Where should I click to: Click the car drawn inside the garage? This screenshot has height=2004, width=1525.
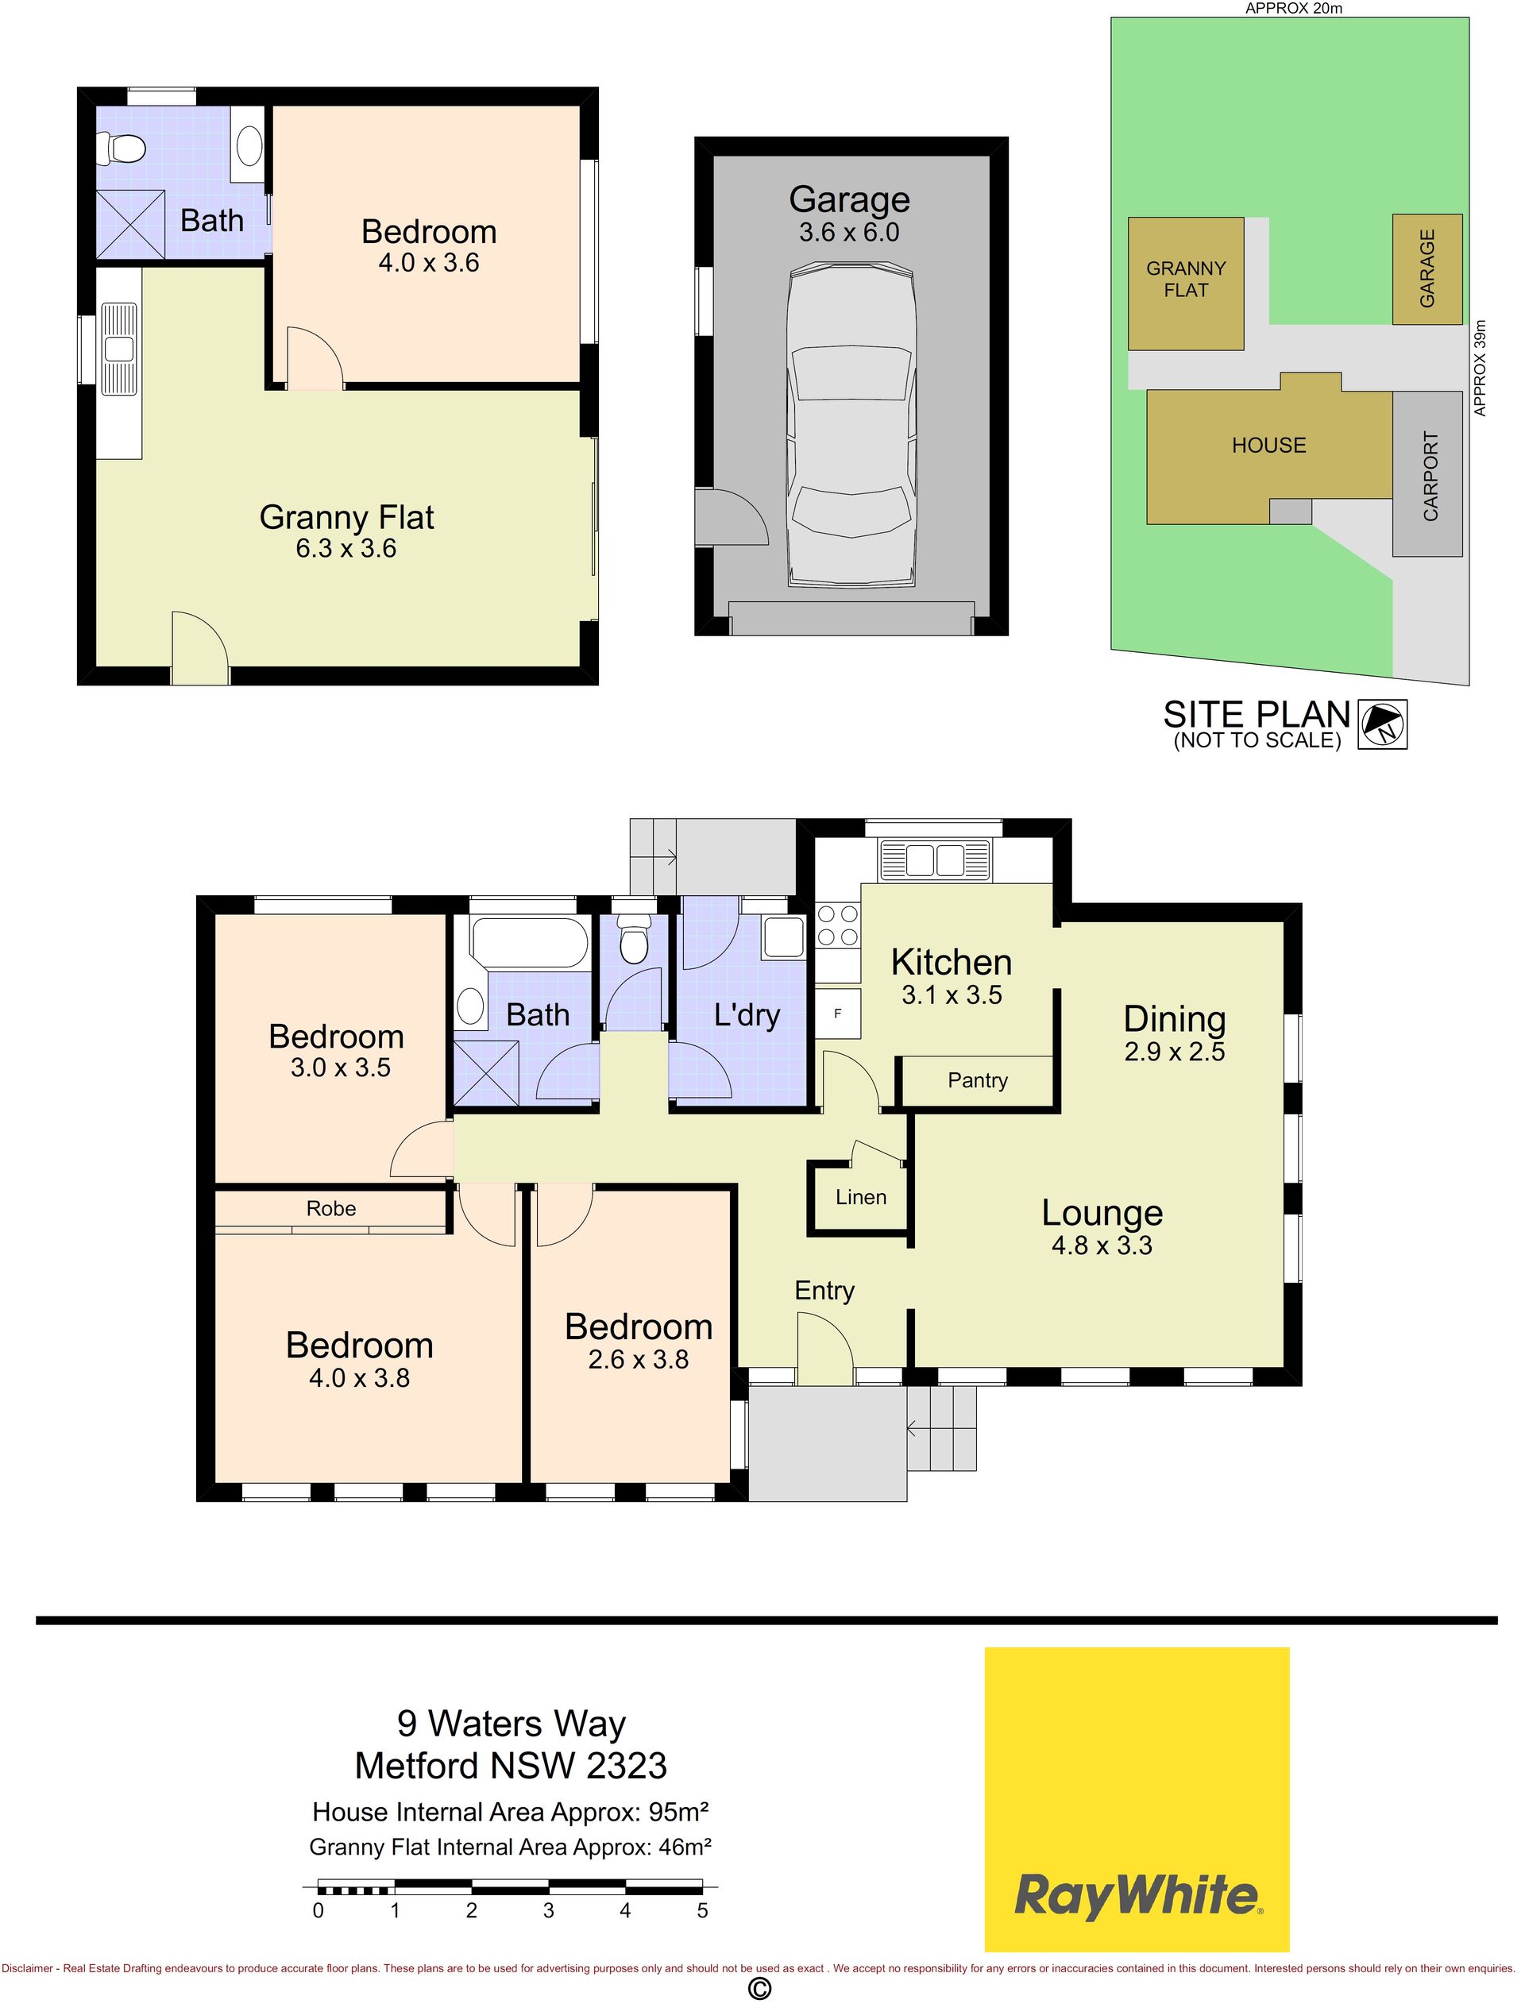point(850,425)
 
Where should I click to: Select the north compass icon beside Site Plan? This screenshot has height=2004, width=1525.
point(1383,724)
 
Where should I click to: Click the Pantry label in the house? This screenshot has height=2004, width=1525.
point(978,1080)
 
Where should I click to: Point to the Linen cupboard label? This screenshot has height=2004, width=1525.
point(860,1197)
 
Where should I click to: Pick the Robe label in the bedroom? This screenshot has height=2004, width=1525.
point(331,1208)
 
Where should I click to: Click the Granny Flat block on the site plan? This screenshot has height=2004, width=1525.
point(1186,284)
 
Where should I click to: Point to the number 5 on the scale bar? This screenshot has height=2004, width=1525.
point(703,1909)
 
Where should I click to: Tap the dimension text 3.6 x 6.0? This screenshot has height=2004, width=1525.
point(849,233)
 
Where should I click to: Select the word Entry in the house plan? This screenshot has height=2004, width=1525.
point(824,1291)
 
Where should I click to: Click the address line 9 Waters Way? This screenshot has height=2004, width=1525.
point(512,1723)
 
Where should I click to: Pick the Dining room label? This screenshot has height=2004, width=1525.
point(1175,1019)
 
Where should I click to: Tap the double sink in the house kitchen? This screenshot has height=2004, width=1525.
point(934,859)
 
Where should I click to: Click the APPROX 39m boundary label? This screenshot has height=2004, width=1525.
point(1481,368)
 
